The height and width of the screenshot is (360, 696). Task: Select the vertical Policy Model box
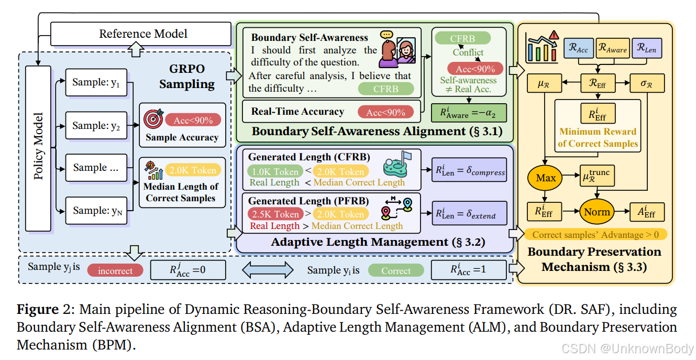(x=38, y=149)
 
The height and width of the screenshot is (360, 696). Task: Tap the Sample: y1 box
(x=96, y=82)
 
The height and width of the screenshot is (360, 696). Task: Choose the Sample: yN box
(x=96, y=211)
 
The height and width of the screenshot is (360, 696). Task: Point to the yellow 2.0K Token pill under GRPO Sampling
(x=193, y=170)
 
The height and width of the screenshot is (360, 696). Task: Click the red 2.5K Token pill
(x=275, y=214)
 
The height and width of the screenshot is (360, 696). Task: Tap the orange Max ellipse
(x=546, y=178)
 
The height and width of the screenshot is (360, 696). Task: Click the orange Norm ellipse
(x=597, y=212)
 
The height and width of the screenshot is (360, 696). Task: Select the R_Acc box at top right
(x=579, y=49)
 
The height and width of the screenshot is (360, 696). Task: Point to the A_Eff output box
(x=647, y=212)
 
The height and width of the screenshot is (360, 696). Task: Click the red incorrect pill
(x=115, y=270)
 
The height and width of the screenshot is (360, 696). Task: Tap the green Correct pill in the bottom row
(x=395, y=270)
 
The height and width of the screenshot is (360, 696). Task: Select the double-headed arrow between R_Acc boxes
(x=268, y=270)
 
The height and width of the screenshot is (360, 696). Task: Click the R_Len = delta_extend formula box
(x=469, y=213)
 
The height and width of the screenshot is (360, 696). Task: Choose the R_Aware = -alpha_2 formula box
(x=469, y=113)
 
